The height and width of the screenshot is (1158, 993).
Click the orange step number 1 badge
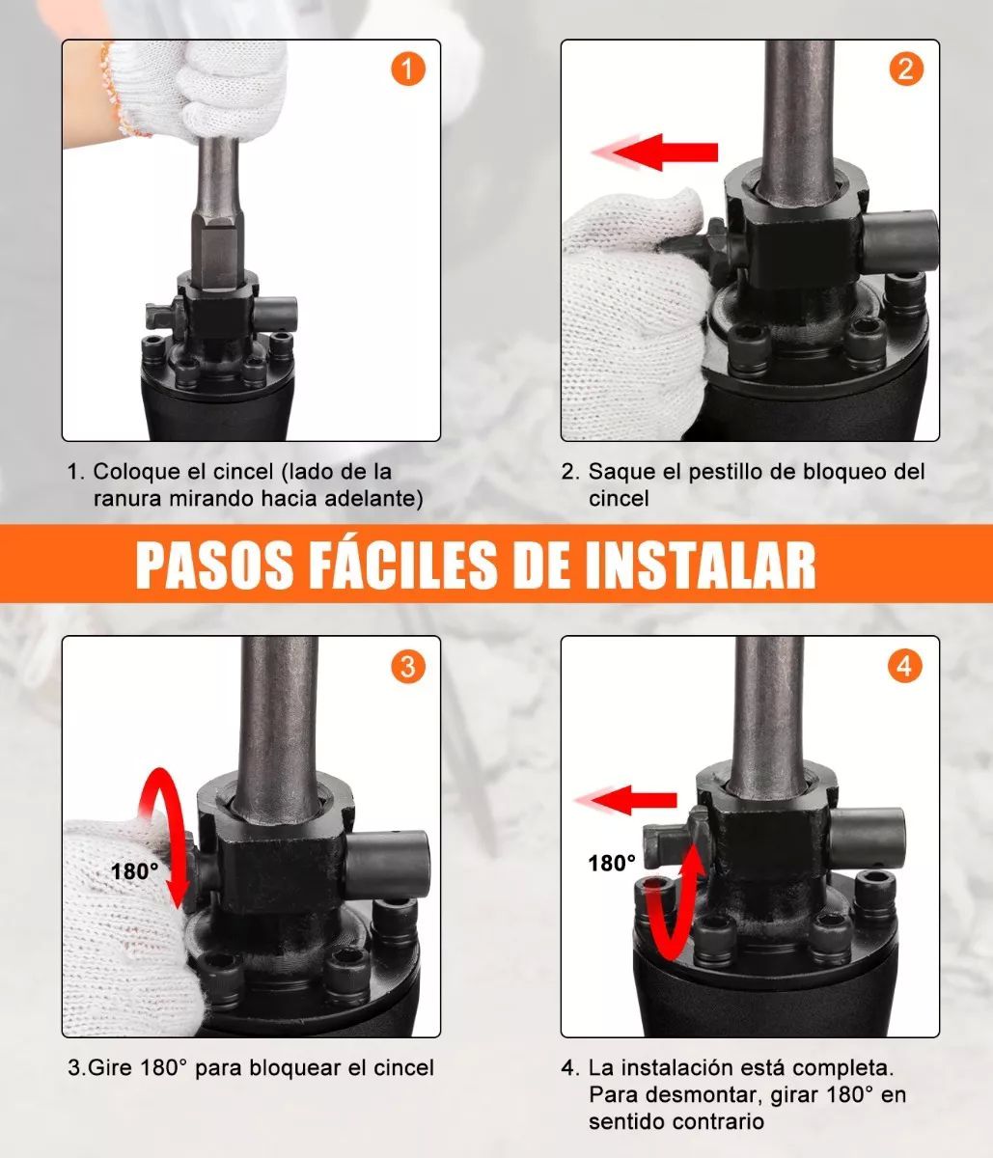pyautogui.click(x=407, y=69)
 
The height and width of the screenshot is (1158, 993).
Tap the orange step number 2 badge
pyautogui.click(x=905, y=69)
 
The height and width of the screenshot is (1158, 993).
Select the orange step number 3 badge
pyautogui.click(x=407, y=666)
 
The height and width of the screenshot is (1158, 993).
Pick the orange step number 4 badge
pyautogui.click(x=905, y=666)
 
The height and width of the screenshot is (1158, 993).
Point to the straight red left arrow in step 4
pyautogui.click(x=632, y=799)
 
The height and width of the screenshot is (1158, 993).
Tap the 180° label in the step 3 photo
pyautogui.click(x=134, y=871)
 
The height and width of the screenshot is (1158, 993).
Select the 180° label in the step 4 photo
pyautogui.click(x=612, y=863)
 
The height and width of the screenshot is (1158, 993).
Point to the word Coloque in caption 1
pyautogui.click(x=130, y=472)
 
